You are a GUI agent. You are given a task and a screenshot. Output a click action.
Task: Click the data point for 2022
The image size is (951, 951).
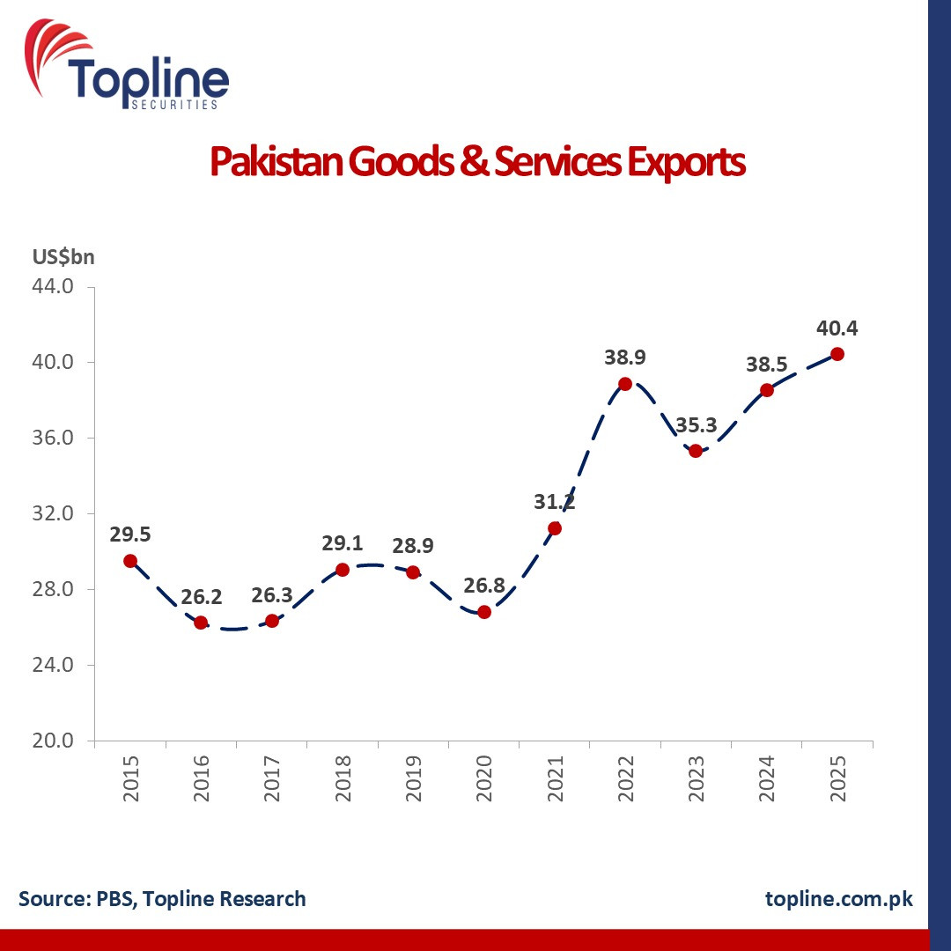pos(625,384)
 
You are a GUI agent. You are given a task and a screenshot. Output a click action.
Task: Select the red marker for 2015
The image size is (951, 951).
pos(130,561)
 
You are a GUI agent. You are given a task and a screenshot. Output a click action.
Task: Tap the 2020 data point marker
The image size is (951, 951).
pos(484,612)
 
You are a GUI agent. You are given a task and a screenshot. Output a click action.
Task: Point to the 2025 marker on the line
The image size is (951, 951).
pos(837,354)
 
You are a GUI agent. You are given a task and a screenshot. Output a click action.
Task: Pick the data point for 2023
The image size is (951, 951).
pos(696,451)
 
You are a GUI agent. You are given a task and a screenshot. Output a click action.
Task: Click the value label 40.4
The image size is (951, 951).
pos(837,328)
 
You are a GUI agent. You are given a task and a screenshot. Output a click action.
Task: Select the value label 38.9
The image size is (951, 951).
pos(624,358)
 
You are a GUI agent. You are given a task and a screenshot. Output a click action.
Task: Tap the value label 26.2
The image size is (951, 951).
pos(202,597)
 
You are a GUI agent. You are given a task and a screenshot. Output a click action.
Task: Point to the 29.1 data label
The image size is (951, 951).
pos(342,543)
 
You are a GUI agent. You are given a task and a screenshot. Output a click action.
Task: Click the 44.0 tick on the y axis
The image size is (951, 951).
pos(53,285)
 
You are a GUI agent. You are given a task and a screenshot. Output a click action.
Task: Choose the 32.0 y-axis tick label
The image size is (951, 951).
pos(53,513)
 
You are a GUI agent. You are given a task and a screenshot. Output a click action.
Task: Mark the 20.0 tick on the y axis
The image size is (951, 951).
pos(53,741)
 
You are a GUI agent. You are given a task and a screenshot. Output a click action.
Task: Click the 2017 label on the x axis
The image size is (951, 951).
pos(272,778)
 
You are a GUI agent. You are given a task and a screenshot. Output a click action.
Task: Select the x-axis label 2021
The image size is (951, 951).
pos(555,778)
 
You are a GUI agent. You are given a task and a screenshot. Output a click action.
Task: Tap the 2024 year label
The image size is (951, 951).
pos(767,778)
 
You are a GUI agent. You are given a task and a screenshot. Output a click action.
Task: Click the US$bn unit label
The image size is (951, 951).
pos(63,257)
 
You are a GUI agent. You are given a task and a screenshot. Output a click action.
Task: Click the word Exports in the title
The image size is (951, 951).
pos(686,163)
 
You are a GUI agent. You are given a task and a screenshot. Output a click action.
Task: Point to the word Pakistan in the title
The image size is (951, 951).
pos(276,161)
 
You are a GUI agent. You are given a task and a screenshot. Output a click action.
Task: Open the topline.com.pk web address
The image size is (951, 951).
pos(839,899)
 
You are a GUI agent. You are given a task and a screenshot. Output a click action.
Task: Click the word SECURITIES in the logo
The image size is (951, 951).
pos(174,105)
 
